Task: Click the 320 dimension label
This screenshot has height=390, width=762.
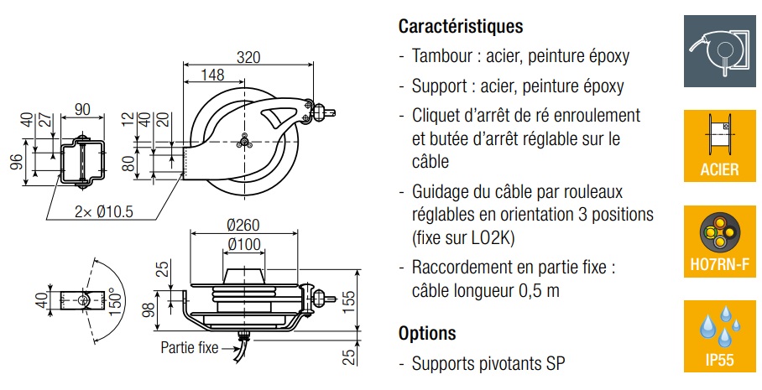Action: pyautogui.click(x=248, y=57)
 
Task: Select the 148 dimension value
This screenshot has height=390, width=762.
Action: pyautogui.click(x=213, y=75)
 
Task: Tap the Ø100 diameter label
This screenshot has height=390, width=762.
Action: pyautogui.click(x=243, y=244)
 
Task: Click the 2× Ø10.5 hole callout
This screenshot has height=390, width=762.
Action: pyautogui.click(x=102, y=211)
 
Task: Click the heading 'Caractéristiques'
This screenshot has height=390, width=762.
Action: pyautogui.click(x=461, y=26)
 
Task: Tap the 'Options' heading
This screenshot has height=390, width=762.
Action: pyautogui.click(x=427, y=333)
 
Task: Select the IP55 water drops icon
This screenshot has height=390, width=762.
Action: pyautogui.click(x=719, y=335)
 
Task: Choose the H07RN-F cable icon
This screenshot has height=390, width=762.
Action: pyautogui.click(x=719, y=242)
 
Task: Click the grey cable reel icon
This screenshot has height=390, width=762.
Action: pyautogui.click(x=719, y=50)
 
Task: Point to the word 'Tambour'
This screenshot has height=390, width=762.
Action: pyautogui.click(x=441, y=57)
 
